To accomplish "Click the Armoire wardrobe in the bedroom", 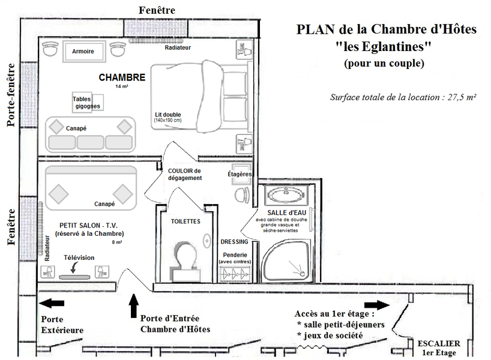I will [x=83, y=52].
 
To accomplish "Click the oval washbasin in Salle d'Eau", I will [x=286, y=194].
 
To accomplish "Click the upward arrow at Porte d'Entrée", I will [x=133, y=305].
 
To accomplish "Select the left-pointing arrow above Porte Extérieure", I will [x=52, y=304].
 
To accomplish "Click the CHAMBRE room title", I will [x=122, y=77].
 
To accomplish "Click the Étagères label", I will [x=239, y=174].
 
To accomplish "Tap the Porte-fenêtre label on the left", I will [x=11, y=96].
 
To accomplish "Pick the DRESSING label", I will [x=235, y=242].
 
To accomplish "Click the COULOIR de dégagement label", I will [x=185, y=174].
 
